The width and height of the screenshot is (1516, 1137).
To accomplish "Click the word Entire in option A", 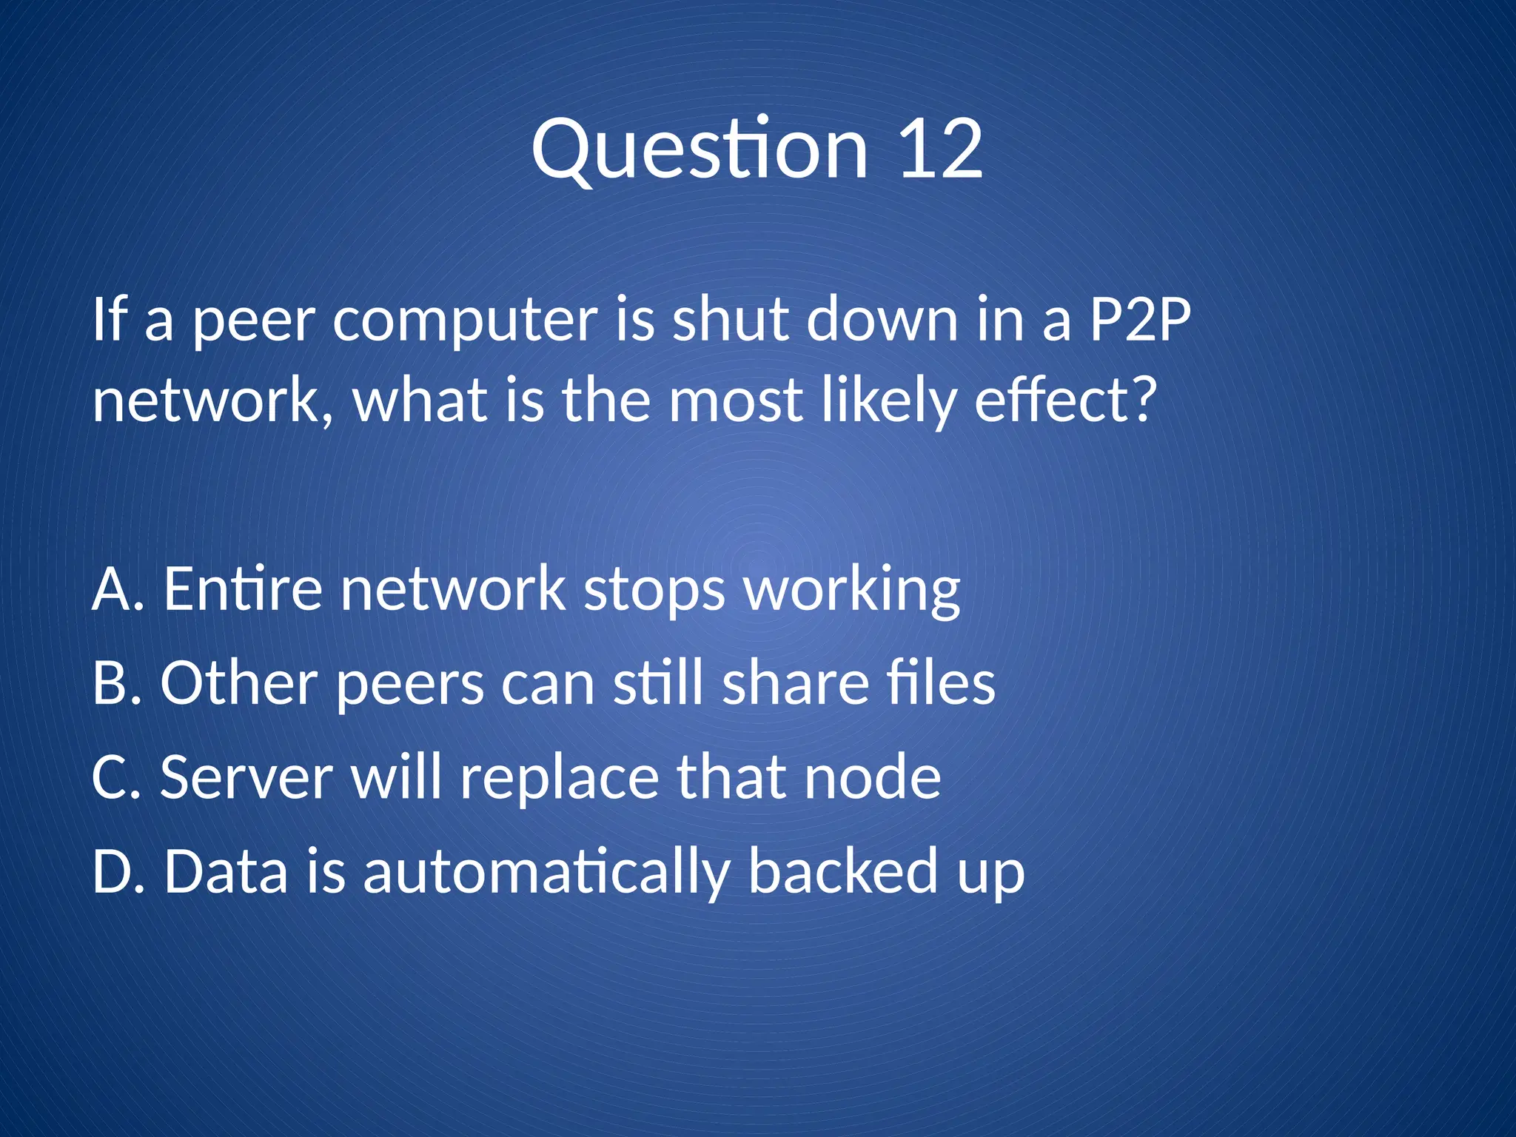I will point(243,588).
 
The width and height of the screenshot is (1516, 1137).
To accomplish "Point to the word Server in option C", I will point(246,777).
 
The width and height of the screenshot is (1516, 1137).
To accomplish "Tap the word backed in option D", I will point(843,871).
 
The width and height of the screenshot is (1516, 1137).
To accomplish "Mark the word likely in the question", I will point(889,400).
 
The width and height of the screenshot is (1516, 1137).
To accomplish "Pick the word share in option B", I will point(796,682).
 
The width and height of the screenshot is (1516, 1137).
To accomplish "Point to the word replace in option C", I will point(559,778).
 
